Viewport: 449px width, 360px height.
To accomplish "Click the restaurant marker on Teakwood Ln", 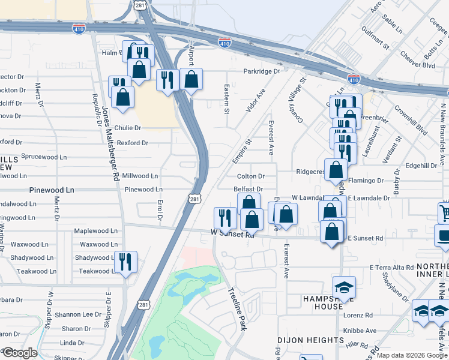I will (126, 262).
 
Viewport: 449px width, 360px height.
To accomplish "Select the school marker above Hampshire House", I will (344, 287).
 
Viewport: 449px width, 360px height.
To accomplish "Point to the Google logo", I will (19, 353).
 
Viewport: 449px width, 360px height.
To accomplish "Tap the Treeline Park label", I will (237, 310).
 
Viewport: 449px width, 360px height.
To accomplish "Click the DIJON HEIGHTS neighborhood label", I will (310, 340).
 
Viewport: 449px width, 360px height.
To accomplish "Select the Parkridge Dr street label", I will (262, 71).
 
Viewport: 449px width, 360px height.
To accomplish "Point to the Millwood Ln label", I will (140, 176).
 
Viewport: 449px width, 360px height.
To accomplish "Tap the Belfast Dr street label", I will (249, 189).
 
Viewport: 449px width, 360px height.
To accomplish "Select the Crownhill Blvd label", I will (411, 121).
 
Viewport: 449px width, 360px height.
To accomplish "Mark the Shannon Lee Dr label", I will (78, 314).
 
